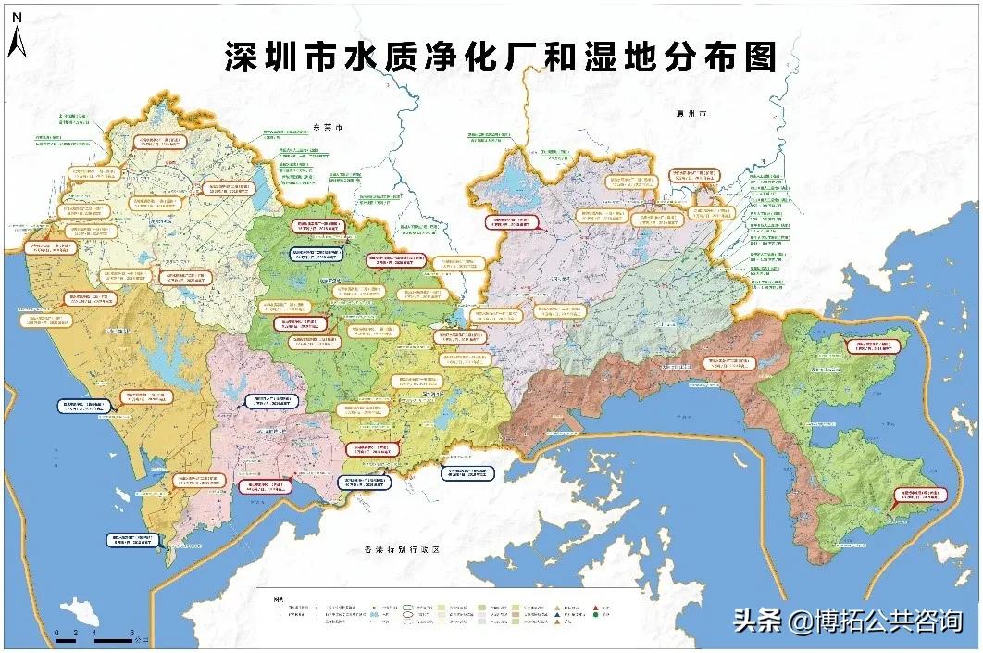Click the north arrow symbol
[16, 42]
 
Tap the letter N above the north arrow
[16, 17]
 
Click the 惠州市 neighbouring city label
[690, 113]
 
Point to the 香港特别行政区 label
[400, 550]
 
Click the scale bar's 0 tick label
[57, 633]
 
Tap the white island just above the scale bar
[80, 611]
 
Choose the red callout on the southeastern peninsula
[919, 496]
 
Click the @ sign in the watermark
[797, 621]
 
